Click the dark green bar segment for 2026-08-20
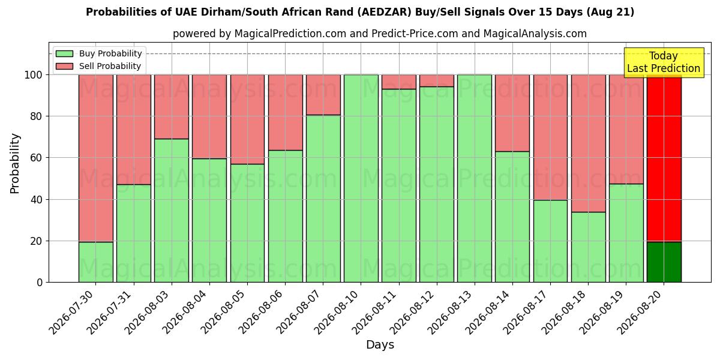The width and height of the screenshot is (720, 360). click(664, 262)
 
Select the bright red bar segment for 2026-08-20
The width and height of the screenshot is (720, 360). click(664, 158)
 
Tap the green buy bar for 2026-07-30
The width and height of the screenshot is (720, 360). click(96, 262)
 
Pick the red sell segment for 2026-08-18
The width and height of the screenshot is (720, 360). click(588, 143)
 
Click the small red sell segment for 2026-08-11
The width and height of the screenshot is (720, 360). click(399, 82)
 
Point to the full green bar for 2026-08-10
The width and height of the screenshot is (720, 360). click(361, 178)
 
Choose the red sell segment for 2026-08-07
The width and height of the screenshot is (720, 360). click(323, 95)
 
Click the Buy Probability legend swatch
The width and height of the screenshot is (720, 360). click(64, 53)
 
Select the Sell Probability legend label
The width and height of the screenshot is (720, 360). click(110, 66)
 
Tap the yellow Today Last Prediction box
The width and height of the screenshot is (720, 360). click(664, 62)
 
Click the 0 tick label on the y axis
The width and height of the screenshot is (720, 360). click(40, 283)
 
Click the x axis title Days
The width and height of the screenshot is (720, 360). click(380, 344)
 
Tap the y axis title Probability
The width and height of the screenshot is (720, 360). click(15, 163)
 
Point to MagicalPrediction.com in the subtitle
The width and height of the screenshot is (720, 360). click(290, 34)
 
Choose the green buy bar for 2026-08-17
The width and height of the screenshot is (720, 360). click(550, 241)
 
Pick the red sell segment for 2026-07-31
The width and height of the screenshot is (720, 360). click(134, 130)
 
